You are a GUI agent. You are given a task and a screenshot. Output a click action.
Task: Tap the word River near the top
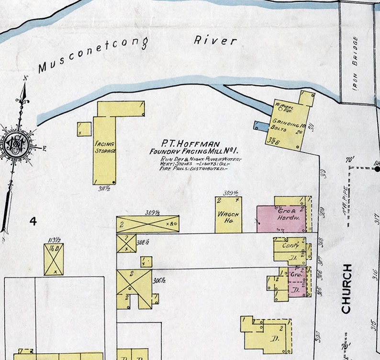pyautogui.click(x=215, y=40)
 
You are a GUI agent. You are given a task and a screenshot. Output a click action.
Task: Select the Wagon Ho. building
pyautogui.click(x=228, y=214)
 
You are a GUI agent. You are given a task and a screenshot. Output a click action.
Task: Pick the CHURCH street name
pyautogui.click(x=347, y=288)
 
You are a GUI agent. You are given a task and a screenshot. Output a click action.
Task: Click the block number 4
pyautogui.click(x=33, y=221)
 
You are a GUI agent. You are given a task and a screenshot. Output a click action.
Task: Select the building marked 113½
pyautogui.click(x=54, y=259)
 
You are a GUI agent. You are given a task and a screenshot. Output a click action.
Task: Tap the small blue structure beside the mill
pyautogui.click(x=261, y=126)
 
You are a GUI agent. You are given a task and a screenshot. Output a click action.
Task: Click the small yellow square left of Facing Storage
pyautogui.click(x=84, y=129)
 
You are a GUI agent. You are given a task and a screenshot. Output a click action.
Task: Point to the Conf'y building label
pyautogui.click(x=288, y=245)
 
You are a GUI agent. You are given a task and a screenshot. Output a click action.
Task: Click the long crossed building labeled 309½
pyautogui.click(x=147, y=224)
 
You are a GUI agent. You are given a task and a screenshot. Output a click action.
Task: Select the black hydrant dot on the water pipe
pyautogui.click(x=377, y=169)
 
